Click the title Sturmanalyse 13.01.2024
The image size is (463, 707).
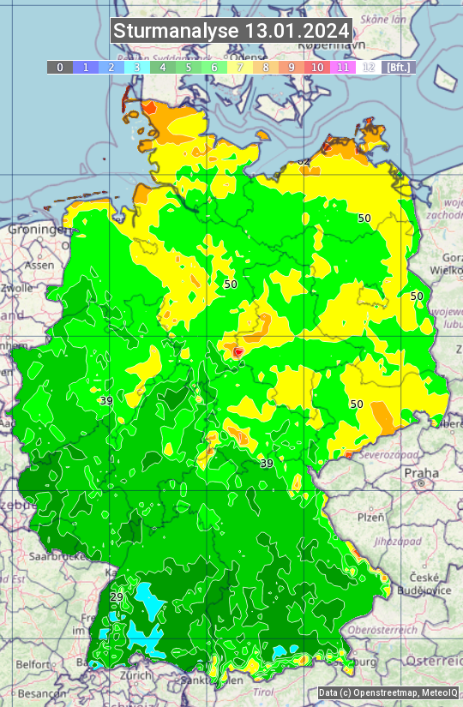click(x=231, y=31)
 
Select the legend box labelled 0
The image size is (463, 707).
click(x=60, y=67)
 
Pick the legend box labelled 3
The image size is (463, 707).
click(x=137, y=67)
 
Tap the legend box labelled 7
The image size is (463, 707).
click(x=240, y=67)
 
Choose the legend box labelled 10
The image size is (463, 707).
click(x=317, y=67)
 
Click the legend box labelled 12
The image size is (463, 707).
click(x=369, y=67)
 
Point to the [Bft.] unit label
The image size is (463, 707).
click(x=399, y=67)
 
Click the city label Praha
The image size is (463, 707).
click(x=421, y=473)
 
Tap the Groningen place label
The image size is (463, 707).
click(x=39, y=230)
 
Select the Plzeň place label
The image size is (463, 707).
click(x=370, y=518)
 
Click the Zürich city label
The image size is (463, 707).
click(x=135, y=675)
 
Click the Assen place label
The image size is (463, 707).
click(x=38, y=266)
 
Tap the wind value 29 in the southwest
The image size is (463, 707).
click(x=117, y=597)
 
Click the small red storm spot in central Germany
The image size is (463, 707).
click(x=238, y=351)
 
